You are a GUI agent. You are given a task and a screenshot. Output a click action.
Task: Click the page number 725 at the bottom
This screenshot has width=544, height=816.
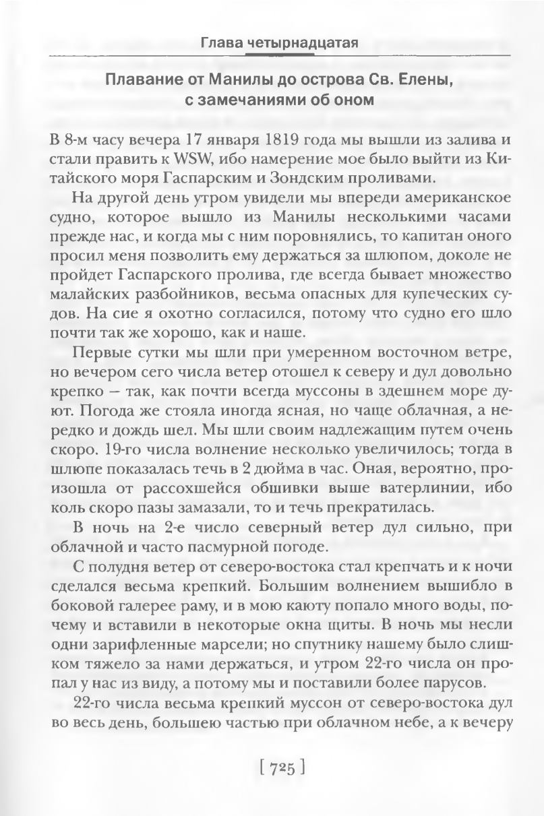(x=282, y=766)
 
